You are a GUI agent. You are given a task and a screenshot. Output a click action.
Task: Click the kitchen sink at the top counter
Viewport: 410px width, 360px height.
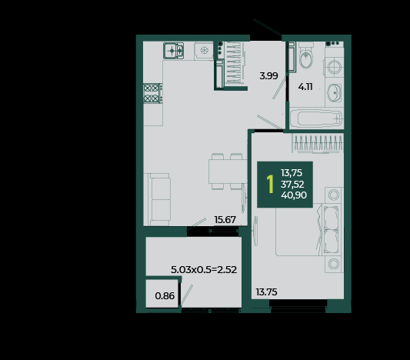point(173,51)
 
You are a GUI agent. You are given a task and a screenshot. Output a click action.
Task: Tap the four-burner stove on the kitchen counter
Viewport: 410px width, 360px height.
point(153,93)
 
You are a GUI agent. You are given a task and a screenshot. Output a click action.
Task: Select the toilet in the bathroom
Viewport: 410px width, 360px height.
point(305,55)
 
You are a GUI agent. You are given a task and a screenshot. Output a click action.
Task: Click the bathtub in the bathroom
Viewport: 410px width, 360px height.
point(316,119)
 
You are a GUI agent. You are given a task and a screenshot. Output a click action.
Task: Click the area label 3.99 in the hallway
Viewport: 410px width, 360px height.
point(268,76)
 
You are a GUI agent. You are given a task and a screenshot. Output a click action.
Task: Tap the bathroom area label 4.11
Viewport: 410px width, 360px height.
point(305,86)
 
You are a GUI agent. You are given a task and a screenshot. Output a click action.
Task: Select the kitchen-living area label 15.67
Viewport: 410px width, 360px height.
point(225,219)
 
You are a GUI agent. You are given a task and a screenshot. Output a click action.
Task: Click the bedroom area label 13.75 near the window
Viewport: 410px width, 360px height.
point(266,292)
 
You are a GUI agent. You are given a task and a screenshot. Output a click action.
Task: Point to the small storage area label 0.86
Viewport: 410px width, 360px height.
point(165,296)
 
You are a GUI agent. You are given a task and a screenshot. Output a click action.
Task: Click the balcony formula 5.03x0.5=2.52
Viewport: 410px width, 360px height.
point(204,269)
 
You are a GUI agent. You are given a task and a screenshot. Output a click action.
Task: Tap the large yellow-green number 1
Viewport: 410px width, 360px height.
point(270,184)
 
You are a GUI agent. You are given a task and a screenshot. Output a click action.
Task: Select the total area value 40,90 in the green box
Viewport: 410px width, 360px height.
point(294,195)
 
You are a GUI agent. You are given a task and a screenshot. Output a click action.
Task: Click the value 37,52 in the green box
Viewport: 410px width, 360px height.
point(292,185)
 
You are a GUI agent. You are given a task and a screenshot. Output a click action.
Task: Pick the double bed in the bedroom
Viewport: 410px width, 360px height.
point(308,229)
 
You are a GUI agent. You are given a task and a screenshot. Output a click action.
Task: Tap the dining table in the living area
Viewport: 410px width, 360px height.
point(228,172)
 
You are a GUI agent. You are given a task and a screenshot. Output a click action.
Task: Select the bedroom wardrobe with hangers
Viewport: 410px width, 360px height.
point(318,143)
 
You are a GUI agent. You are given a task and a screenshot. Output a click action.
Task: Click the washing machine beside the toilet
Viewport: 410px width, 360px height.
point(334,66)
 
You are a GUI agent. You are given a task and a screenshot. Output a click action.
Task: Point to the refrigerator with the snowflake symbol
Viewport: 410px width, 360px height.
point(204,51)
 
